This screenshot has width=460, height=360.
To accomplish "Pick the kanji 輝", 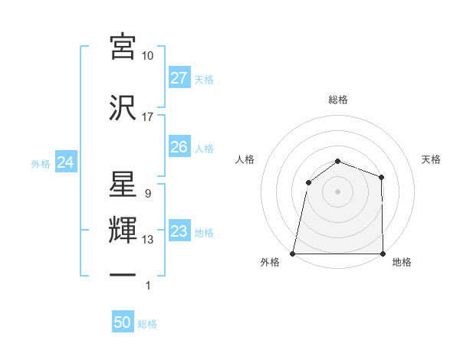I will tap(123, 231).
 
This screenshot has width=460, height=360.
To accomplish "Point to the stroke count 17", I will tap(148, 117).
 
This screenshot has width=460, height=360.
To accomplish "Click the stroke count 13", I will tap(148, 240).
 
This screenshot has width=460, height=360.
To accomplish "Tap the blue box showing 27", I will tap(179, 78).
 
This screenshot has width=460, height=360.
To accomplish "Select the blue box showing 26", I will tap(179, 147).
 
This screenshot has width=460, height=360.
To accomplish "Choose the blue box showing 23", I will tap(179, 231).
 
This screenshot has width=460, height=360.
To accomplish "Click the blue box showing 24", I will tap(66, 162).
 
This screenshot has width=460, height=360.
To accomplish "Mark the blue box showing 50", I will tap(123, 322).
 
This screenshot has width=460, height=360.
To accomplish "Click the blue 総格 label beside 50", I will tap(147, 324).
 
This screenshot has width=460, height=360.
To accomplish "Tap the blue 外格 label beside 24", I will tap(41, 163).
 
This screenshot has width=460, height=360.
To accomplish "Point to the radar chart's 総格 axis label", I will tap(337, 100).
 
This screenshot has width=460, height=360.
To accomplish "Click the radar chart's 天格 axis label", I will tap(431, 159).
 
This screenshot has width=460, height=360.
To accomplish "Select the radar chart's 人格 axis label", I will tap(245, 159).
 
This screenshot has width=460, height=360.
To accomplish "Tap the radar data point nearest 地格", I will tap(383, 254).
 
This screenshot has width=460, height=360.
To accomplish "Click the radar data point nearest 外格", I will tap(292, 254).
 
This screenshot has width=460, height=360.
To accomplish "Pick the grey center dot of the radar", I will tap(337, 191).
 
